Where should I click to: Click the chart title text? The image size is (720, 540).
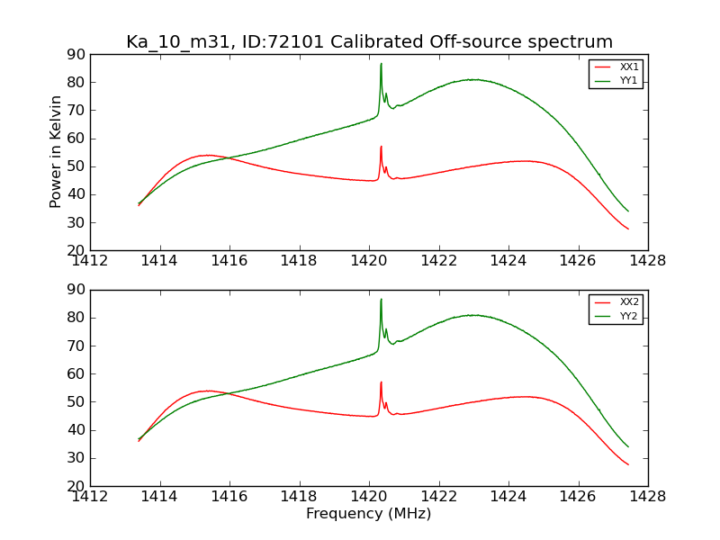pos(369,42)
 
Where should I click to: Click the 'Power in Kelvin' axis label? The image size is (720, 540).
pos(57,152)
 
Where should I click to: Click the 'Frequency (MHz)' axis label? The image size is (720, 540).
pos(369,514)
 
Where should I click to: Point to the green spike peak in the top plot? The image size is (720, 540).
pos(381,64)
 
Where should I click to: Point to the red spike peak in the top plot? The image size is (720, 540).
pos(381,147)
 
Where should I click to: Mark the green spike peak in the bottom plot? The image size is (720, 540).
pos(381,300)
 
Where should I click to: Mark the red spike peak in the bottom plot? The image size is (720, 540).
pos(381,382)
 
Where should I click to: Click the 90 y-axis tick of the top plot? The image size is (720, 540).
pos(76,55)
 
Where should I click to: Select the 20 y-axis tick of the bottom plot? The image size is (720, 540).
pos(76,486)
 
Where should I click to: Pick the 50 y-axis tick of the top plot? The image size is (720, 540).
pos(76,166)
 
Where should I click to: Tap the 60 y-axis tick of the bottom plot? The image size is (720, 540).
pos(76,373)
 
